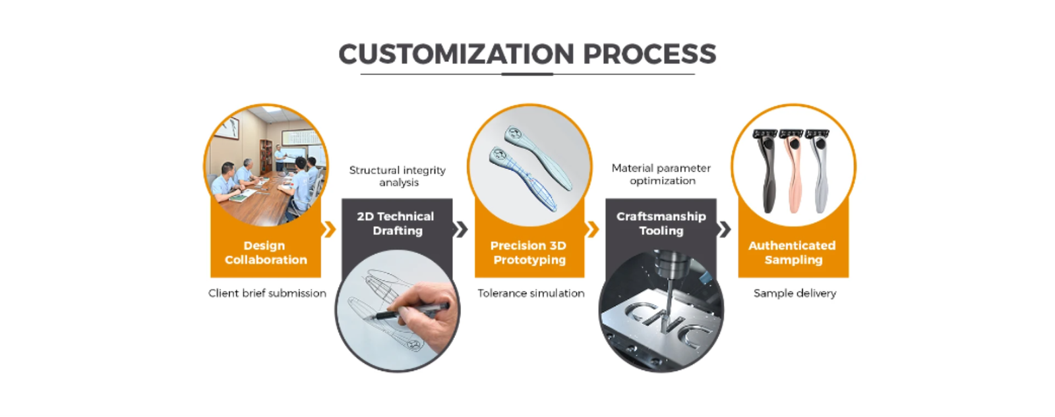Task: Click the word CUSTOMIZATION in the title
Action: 456,54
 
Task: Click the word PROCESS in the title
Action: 649,54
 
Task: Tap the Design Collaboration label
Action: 265,253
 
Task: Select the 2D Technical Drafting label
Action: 396,223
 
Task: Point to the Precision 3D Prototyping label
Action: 529,253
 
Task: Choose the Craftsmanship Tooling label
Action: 661,223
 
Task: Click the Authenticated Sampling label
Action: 793,253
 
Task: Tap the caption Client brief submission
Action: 267,293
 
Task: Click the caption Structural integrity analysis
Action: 398,176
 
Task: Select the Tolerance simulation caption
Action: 531,293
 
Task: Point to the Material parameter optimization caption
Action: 661,175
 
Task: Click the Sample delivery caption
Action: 795,293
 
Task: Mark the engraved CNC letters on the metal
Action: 666,323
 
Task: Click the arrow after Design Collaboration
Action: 329,229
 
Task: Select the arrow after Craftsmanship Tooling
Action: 725,229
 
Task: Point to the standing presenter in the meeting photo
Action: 281,158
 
